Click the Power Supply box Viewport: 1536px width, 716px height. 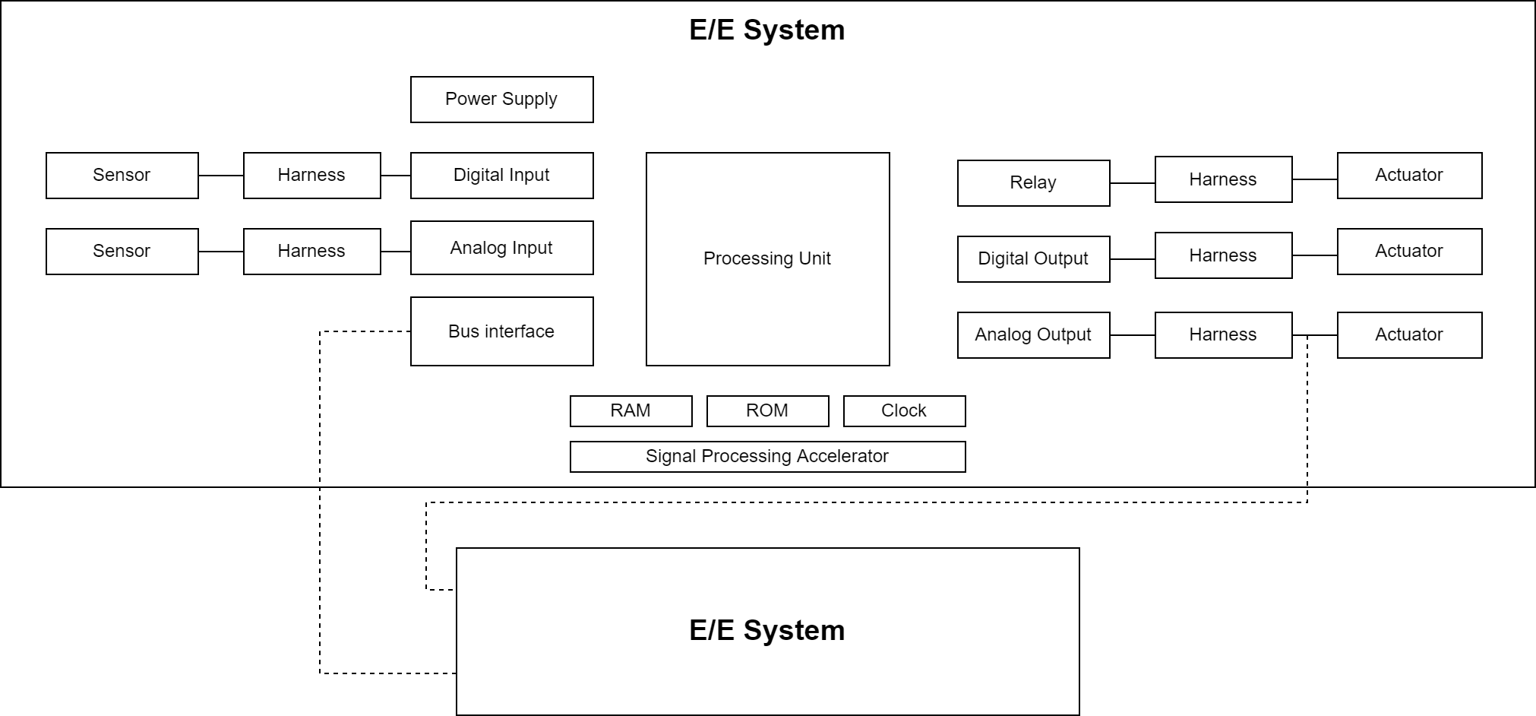click(501, 100)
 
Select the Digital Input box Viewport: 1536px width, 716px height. click(501, 176)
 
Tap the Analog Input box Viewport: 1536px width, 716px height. click(501, 248)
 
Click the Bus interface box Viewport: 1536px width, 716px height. click(501, 331)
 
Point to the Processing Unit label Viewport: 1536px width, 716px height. click(766, 258)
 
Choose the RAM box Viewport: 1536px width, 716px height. click(631, 411)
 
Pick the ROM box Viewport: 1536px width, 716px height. click(767, 411)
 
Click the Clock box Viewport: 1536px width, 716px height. click(904, 411)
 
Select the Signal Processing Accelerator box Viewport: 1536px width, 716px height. click(767, 457)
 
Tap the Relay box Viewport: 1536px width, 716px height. click(1033, 183)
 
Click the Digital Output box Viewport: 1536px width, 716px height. click(1033, 259)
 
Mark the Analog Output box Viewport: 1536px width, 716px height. click(1033, 335)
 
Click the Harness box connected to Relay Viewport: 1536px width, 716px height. click(1223, 179)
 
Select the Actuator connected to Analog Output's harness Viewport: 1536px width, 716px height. click(1409, 335)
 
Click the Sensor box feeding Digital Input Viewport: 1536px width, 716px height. click(122, 176)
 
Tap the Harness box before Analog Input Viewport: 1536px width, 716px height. click(311, 252)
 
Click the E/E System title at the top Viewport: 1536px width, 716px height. click(766, 30)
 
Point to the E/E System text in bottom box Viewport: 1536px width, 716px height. click(766, 631)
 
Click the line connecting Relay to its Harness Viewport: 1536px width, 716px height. click(1132, 183)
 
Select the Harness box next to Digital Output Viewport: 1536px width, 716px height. click(1223, 255)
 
